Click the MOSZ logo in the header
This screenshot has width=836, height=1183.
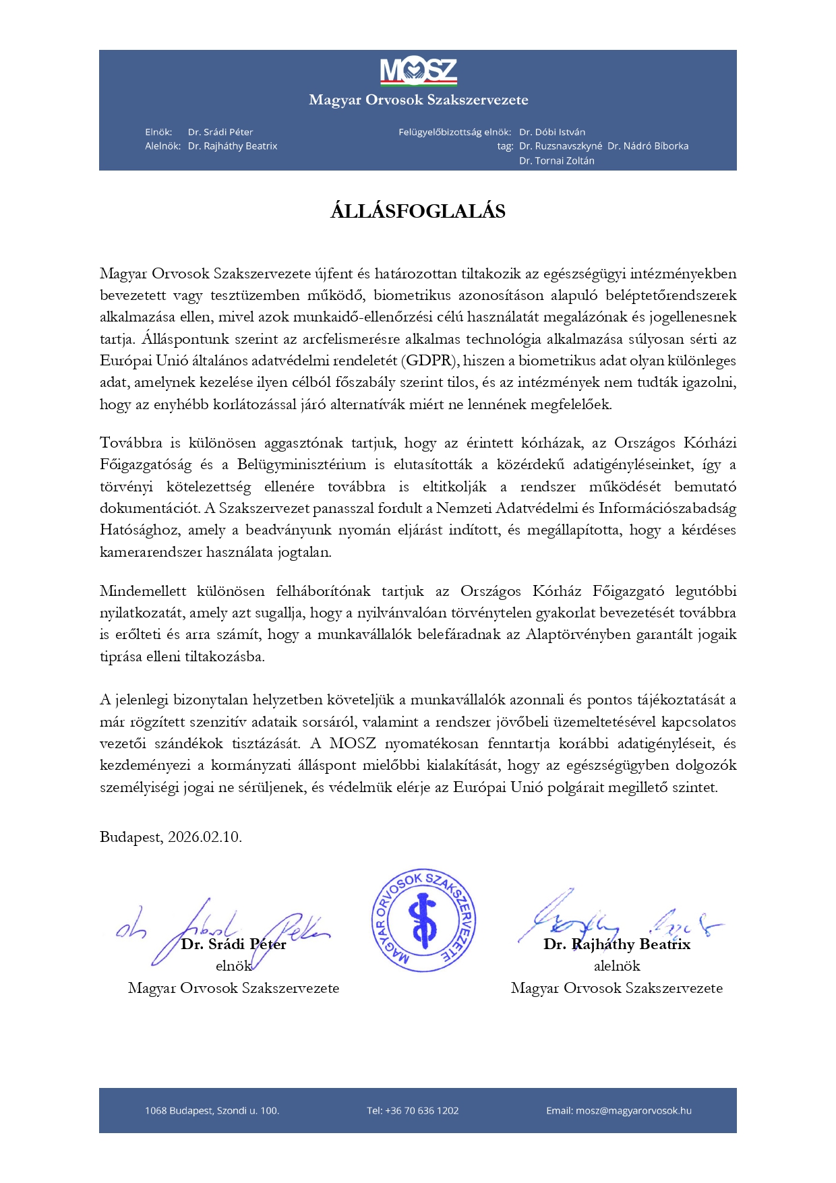pos(418,71)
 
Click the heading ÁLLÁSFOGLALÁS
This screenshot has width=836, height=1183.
pos(418,212)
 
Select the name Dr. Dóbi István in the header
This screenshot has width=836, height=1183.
pos(552,132)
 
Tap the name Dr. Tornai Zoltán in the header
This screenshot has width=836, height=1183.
pos(557,161)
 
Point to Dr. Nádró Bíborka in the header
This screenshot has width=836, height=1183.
pos(648,146)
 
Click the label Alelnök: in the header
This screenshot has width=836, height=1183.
pos(162,146)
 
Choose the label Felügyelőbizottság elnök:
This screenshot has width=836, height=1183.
pos(454,132)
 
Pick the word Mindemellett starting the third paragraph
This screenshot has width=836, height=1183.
pos(143,591)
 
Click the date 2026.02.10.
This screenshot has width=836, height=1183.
pos(205,837)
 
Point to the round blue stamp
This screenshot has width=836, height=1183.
pos(423,920)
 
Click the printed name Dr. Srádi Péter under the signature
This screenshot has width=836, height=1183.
pos(234,944)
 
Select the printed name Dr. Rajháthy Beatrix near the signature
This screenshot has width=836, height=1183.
pos(617,944)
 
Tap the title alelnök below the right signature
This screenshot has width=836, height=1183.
pos(617,966)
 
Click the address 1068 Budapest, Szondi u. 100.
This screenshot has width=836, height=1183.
pos(212,1111)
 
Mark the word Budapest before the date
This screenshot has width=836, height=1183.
pos(131,837)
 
